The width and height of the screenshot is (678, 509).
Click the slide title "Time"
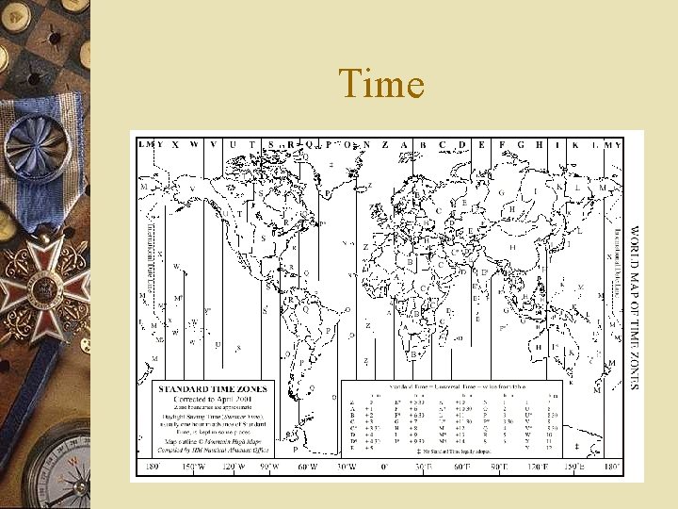381,85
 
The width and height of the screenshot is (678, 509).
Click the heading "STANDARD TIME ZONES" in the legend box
213,388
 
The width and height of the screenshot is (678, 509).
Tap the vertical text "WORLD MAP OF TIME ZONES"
634,306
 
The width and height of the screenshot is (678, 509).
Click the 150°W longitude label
193,468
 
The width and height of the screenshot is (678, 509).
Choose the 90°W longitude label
269,468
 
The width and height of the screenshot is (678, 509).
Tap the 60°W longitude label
309,468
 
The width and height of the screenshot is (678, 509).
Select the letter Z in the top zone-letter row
385,144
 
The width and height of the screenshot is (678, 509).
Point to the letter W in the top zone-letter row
194,144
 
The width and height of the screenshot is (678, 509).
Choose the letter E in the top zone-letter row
481,144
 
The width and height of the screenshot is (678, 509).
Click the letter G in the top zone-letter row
520,144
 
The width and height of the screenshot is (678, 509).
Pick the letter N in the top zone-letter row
366,144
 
